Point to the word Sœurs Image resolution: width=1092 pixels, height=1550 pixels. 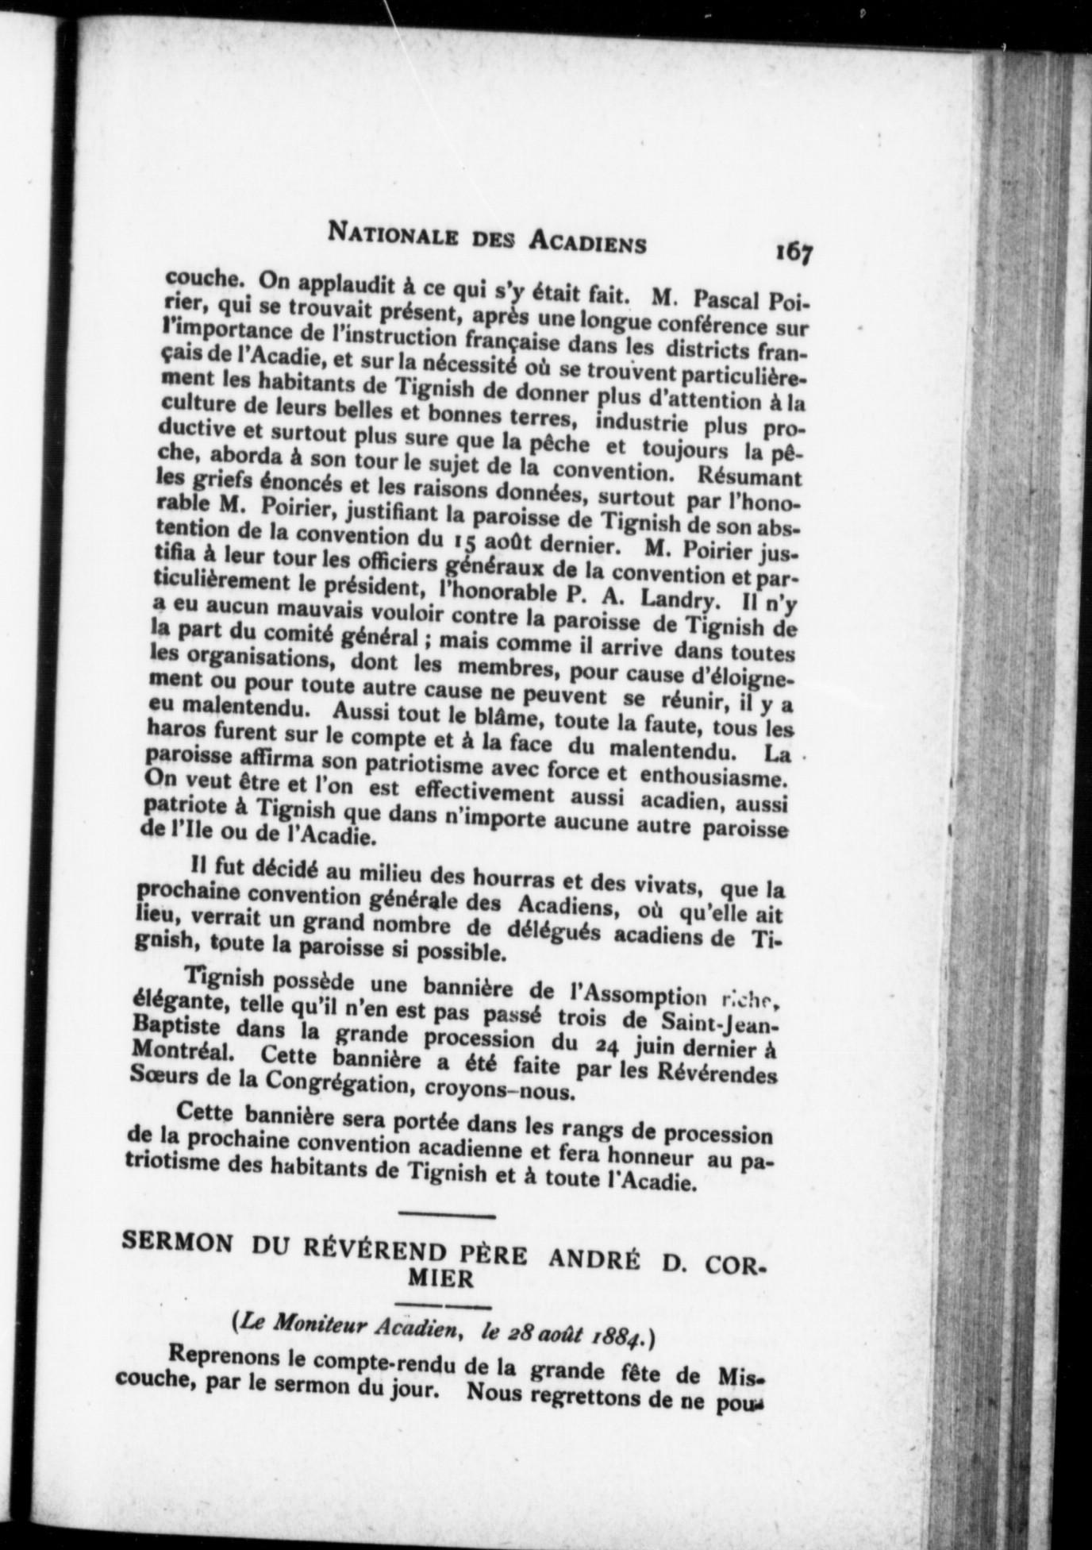(160, 1075)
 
